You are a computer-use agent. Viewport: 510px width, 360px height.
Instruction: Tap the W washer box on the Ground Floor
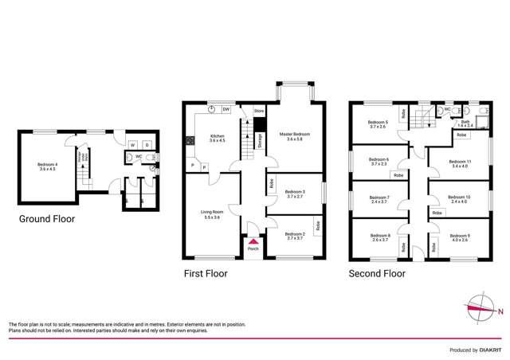(133, 145)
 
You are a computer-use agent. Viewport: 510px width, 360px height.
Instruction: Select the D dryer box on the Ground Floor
(147, 145)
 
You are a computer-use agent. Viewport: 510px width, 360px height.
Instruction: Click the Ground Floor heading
(48, 217)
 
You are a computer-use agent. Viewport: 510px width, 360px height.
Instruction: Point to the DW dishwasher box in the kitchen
(226, 110)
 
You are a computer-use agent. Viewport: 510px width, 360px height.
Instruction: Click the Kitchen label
(218, 139)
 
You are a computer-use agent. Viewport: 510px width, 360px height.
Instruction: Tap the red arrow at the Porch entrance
(253, 240)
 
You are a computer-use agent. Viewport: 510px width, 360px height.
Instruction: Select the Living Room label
(211, 213)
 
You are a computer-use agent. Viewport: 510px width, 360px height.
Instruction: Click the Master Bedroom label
(294, 136)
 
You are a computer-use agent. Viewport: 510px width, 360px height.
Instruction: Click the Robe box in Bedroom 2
(317, 226)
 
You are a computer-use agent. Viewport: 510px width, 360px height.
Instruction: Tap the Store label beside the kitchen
(258, 111)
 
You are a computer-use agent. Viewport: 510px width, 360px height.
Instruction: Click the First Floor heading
(205, 273)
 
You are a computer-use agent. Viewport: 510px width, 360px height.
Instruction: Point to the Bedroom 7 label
(378, 199)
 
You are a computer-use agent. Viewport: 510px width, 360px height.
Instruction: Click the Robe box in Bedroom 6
(398, 174)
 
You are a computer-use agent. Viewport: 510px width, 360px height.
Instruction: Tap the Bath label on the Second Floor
(465, 123)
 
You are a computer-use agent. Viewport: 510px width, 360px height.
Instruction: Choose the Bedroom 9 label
(460, 237)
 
